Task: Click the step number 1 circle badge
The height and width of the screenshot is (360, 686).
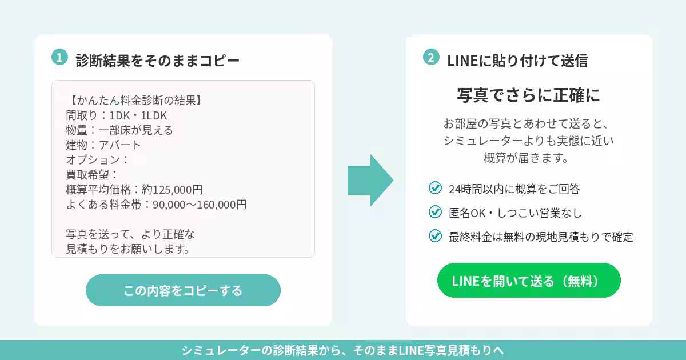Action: [59, 57]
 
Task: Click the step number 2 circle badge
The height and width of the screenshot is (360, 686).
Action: [431, 57]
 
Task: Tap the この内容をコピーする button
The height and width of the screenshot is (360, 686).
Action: [183, 290]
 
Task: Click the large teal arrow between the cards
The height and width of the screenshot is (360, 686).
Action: [370, 181]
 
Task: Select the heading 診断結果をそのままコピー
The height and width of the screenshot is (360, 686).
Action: [157, 61]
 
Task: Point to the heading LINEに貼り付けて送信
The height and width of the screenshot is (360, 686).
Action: [517, 61]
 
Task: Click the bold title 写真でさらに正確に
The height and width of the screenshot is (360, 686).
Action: [529, 95]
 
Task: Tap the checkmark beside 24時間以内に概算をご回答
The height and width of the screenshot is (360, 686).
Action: [435, 187]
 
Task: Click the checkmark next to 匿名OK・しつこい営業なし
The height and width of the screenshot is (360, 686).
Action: [435, 211]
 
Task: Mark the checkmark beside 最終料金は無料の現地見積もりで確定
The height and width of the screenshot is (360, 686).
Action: [435, 235]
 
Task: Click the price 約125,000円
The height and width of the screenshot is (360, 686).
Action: [172, 190]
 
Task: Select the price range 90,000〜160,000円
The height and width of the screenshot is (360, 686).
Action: [200, 205]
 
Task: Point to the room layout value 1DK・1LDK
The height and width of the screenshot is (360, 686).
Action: [138, 115]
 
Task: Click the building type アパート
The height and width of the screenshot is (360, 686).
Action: [119, 145]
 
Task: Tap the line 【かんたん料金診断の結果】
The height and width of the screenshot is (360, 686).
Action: [134, 101]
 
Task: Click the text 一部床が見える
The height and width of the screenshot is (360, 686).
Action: [135, 130]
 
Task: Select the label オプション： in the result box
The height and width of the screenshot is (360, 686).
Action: [97, 160]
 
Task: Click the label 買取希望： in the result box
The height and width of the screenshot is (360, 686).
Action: [92, 175]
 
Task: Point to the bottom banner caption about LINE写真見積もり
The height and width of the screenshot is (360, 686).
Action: [343, 350]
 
